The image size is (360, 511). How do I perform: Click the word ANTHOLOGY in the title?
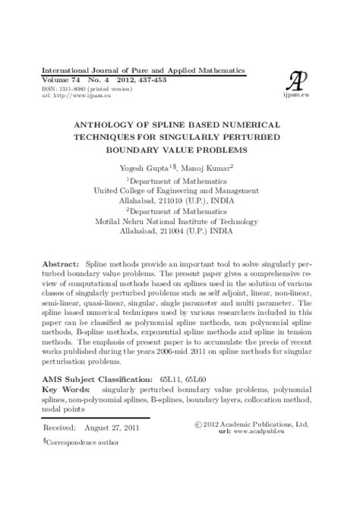(x=106, y=123)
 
